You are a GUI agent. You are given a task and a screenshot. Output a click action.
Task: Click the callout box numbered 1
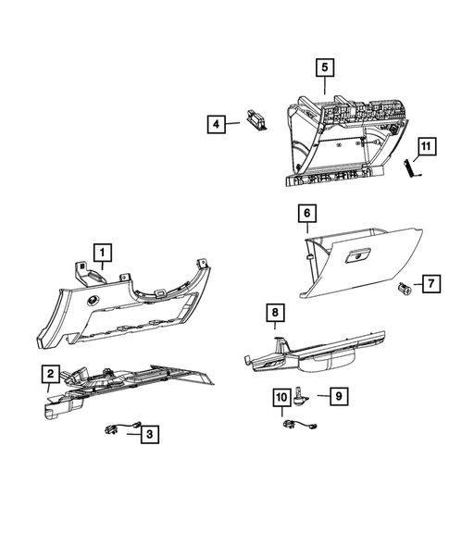pyautogui.click(x=102, y=250)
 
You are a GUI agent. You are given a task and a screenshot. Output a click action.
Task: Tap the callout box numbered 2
pyautogui.click(x=50, y=375)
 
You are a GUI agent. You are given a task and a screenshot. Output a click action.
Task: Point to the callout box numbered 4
pyautogui.click(x=215, y=122)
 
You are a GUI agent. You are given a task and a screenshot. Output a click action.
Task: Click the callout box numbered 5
pyautogui.click(x=323, y=68)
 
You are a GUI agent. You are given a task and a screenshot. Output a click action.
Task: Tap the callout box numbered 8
pyautogui.click(x=275, y=315)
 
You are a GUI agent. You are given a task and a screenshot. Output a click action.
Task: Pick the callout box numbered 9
pyautogui.click(x=339, y=395)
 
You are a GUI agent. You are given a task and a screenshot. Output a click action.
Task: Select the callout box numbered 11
pyautogui.click(x=425, y=147)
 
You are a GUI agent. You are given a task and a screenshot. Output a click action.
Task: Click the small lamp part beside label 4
pyautogui.click(x=255, y=119)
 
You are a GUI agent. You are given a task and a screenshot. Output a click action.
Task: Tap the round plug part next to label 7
pyautogui.click(x=405, y=289)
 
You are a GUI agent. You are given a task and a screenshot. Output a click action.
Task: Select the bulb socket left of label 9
pyautogui.click(x=302, y=398)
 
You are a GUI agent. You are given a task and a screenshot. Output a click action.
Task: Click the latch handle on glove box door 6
pyautogui.click(x=356, y=254)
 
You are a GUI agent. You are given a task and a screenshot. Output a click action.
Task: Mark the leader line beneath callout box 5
pyautogui.click(x=323, y=87)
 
